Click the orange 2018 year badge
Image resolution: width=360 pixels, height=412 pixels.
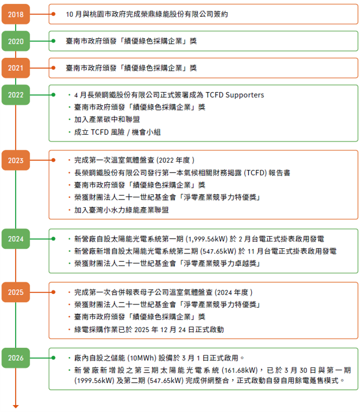[x=16, y=14]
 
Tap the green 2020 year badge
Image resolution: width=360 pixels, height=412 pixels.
[x=16, y=41]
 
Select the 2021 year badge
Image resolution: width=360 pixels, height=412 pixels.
[x=16, y=68]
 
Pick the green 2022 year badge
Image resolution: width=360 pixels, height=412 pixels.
[x=16, y=94]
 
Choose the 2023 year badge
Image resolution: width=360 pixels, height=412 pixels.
[x=16, y=160]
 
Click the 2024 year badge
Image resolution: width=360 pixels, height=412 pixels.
[x=16, y=238]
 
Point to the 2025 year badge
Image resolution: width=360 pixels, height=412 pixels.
[x=16, y=292]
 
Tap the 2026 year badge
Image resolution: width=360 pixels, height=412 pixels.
[x=16, y=358]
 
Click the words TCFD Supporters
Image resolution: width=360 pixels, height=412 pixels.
[x=234, y=95]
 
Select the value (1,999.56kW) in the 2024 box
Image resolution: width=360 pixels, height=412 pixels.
[x=207, y=239]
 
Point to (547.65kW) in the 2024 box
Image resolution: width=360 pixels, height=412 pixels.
[x=218, y=251]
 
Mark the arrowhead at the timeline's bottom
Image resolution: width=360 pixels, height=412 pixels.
[x=16, y=407]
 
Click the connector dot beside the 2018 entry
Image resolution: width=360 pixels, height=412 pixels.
[x=53, y=14]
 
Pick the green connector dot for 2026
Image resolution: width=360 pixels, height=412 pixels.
[x=53, y=358]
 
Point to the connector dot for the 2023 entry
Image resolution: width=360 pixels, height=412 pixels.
[x=53, y=160]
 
